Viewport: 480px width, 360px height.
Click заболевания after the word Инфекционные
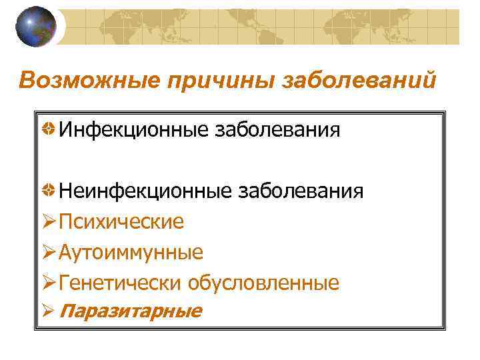tap(277, 129)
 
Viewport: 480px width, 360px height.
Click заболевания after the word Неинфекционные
tap(301, 191)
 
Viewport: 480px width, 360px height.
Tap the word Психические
tap(121, 221)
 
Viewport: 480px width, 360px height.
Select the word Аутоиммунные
tap(131, 253)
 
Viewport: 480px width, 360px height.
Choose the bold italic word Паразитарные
tap(131, 311)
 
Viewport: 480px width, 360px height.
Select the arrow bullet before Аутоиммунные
tap(49, 253)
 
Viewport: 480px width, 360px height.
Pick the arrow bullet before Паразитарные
tap(49, 311)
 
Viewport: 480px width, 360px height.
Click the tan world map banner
tap(267, 27)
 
